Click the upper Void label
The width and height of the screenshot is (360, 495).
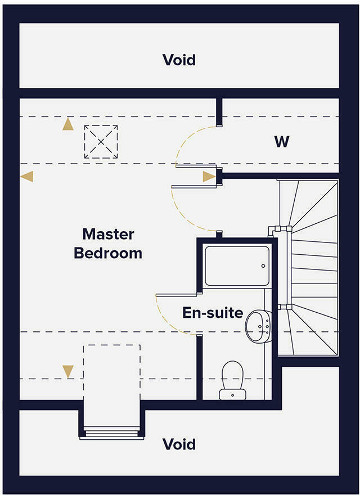(179, 60)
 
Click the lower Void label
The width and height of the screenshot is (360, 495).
(179, 444)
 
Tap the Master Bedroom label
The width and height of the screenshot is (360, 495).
(108, 243)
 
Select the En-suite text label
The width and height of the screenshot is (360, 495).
(213, 313)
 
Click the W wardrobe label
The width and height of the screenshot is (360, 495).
(281, 142)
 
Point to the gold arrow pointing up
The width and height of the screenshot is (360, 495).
(68, 124)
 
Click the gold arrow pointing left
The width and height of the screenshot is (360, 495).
(26, 177)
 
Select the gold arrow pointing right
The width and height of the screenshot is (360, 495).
(209, 177)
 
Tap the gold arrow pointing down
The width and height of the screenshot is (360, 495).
(68, 371)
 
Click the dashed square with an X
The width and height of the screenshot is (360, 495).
(101, 142)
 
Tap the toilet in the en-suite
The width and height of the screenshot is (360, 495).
(232, 376)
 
